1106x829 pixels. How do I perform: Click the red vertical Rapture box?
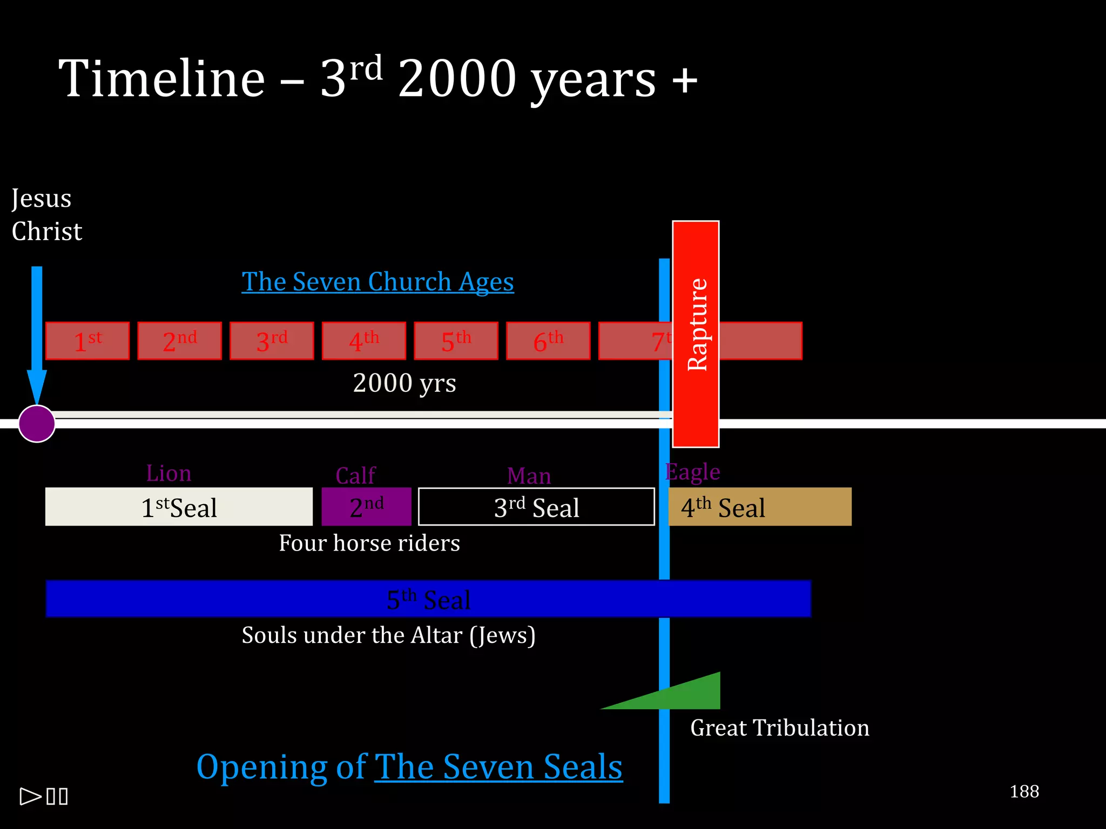pyautogui.click(x=696, y=334)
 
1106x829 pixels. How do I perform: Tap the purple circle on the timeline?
pyautogui.click(x=37, y=424)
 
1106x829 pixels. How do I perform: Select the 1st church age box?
pyautogui.click(x=87, y=341)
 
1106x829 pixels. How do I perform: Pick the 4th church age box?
pyautogui.click(x=364, y=341)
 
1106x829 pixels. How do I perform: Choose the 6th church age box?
pyautogui.click(x=548, y=341)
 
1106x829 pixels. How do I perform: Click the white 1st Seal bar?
pyautogui.click(x=179, y=507)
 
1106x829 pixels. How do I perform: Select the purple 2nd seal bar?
pyautogui.click(x=366, y=507)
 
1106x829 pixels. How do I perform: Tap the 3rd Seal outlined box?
pyautogui.click(x=536, y=507)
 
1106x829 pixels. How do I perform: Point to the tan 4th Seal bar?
pyautogui.click(x=760, y=507)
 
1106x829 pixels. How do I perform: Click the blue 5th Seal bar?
pyautogui.click(x=428, y=599)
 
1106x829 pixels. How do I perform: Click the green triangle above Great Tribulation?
pyautogui.click(x=686, y=695)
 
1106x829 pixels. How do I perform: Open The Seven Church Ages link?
pyautogui.click(x=377, y=282)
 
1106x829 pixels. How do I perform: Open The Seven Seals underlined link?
pyautogui.click(x=498, y=766)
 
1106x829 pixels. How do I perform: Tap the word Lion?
pyautogui.click(x=168, y=473)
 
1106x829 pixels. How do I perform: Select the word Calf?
pyautogui.click(x=355, y=475)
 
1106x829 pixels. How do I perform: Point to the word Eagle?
pyautogui.click(x=692, y=472)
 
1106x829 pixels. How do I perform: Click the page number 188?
pyautogui.click(x=1024, y=791)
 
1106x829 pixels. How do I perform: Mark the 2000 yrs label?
pyautogui.click(x=404, y=383)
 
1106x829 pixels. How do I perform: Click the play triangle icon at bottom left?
pyautogui.click(x=30, y=796)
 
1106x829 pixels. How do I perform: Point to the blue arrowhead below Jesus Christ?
pyautogui.click(x=37, y=386)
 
